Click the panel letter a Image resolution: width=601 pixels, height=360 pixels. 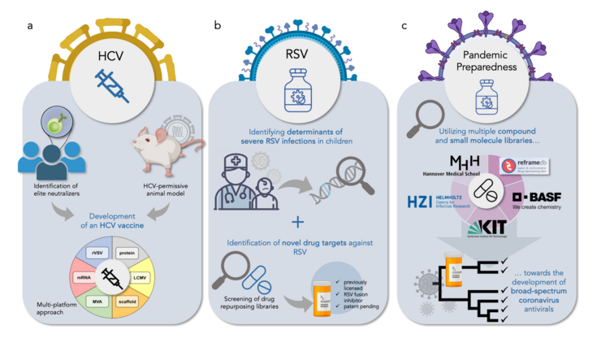pos(30,26)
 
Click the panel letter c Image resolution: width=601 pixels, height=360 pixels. pos(404,26)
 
